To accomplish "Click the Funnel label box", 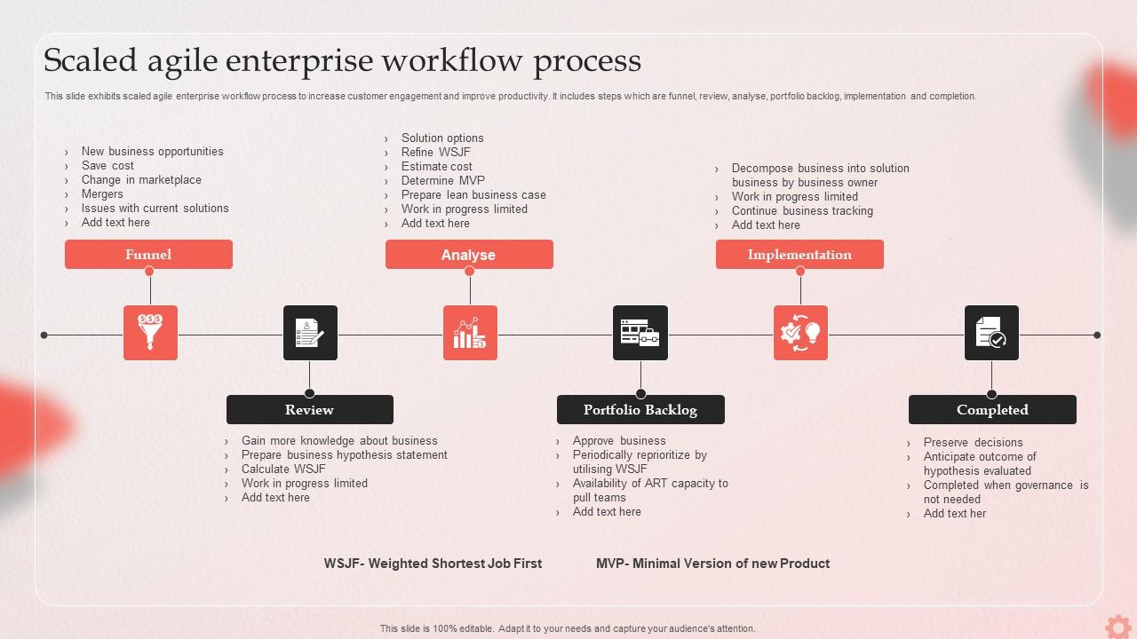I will coord(148,255).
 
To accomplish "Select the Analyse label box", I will coord(469,255).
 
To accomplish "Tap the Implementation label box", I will coord(799,255).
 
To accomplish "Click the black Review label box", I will coord(309,410).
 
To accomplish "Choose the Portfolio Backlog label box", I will coord(640,410).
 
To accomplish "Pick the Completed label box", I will coord(992,410).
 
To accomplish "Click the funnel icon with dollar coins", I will coord(150,333).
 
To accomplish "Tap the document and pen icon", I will coord(310,333).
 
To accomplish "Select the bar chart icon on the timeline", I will coord(470,333).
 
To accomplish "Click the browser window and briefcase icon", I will coord(640,333).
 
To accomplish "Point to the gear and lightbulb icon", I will coord(800,333).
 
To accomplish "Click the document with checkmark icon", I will coord(991,333).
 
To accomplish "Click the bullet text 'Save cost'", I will coord(107,166).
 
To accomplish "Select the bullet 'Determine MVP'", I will coord(442,181).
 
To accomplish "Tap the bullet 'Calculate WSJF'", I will coord(283,469).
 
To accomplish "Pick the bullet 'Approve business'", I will coord(619,441).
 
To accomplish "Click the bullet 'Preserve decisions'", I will coord(973,443).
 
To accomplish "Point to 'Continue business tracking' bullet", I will coord(802,211).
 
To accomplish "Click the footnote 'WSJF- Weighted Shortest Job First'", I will coord(433,564).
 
